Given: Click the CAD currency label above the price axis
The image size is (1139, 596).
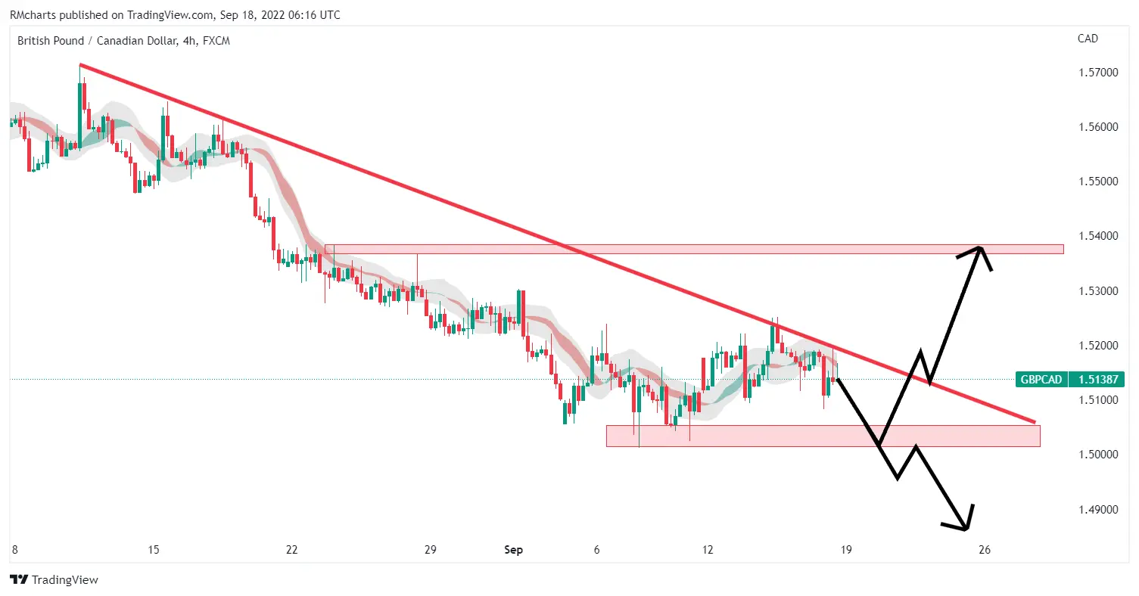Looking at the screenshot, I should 1088,39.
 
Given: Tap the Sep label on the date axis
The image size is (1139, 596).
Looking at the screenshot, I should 514,551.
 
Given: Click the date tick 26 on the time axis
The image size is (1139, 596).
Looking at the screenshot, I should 984,551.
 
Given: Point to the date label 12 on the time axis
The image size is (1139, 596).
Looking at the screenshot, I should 708,551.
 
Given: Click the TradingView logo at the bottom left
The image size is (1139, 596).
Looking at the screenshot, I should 54,580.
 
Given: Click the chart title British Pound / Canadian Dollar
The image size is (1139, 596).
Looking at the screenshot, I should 98,41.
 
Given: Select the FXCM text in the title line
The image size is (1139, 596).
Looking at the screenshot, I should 216,41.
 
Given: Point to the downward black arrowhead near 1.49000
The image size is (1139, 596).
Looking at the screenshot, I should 966,527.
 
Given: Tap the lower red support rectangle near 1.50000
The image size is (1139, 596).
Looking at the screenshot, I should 823,436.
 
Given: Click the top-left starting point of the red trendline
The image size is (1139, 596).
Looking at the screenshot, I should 80,65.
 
